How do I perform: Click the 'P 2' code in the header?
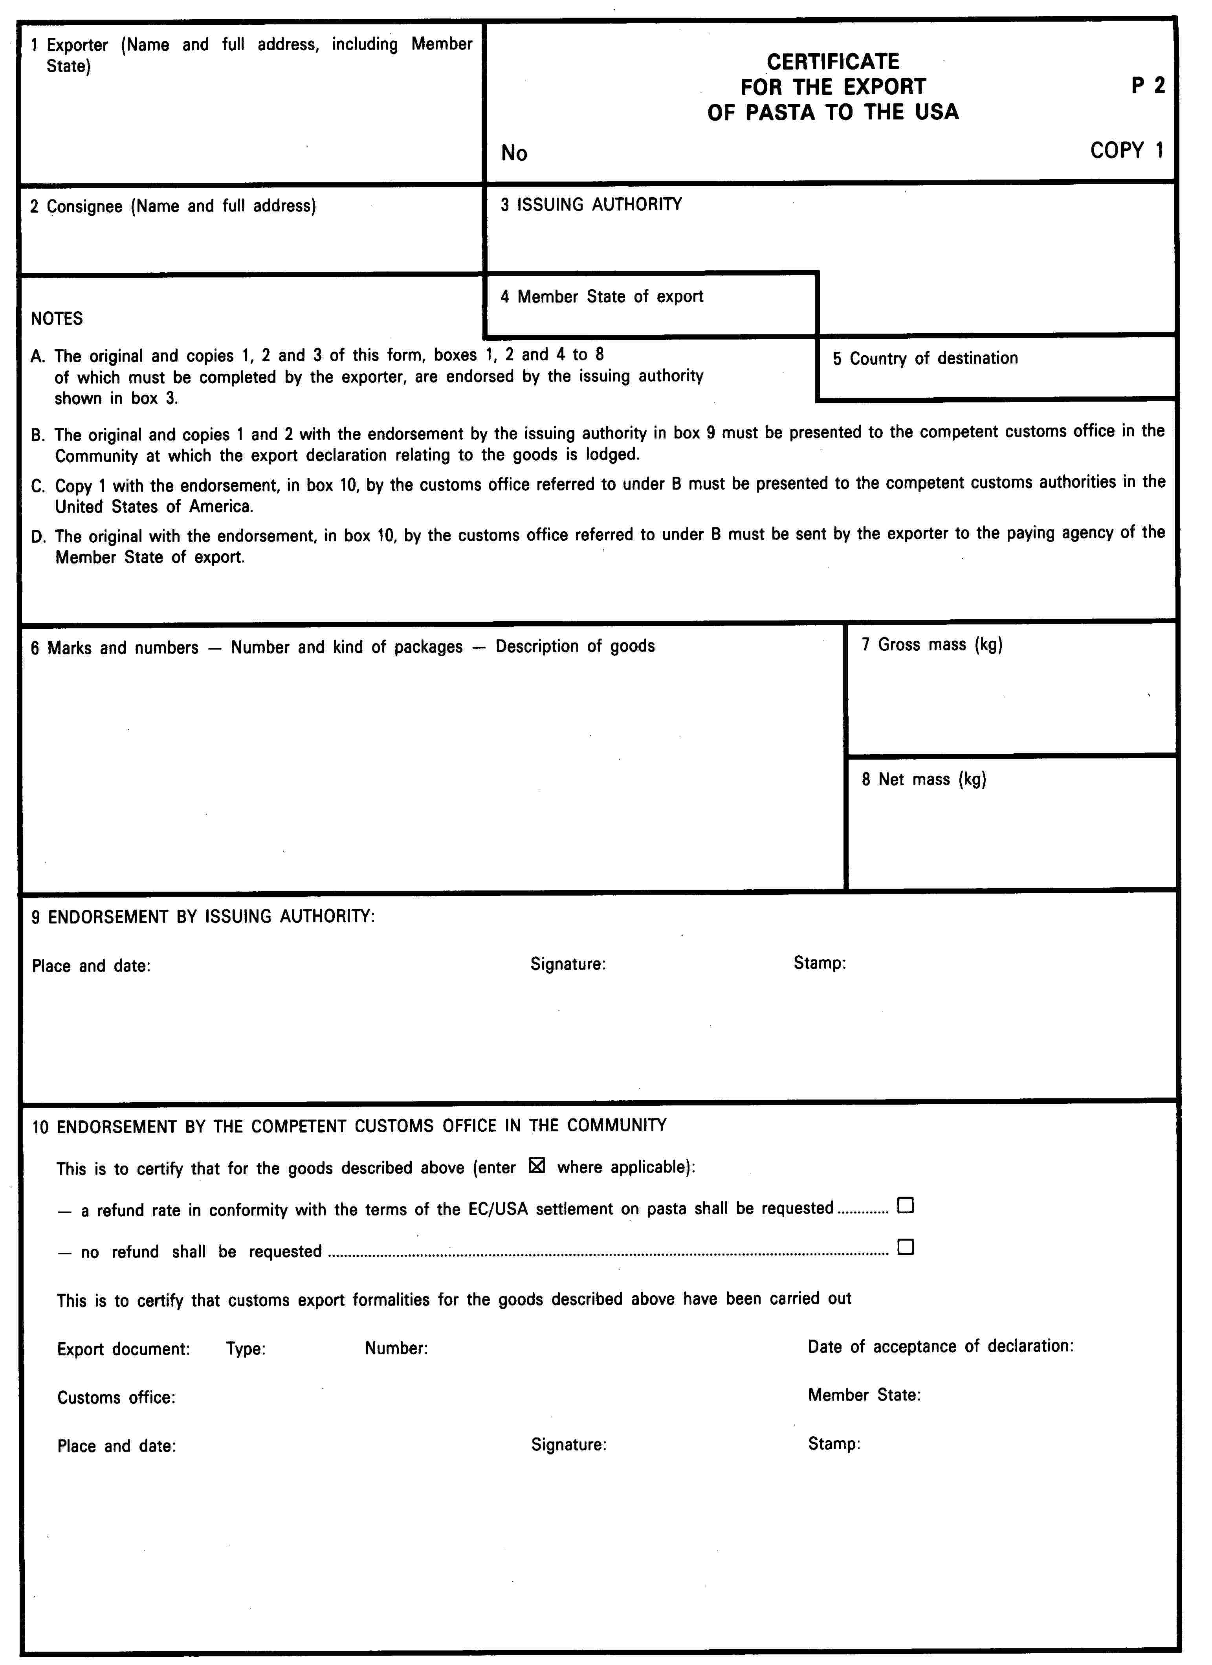(1148, 86)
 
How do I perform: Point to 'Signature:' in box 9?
(567, 964)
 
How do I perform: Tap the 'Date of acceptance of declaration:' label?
(941, 1346)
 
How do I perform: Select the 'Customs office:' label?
(116, 1397)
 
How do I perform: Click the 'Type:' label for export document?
(245, 1349)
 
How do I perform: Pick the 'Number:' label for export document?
(396, 1348)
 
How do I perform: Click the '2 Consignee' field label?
(172, 206)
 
